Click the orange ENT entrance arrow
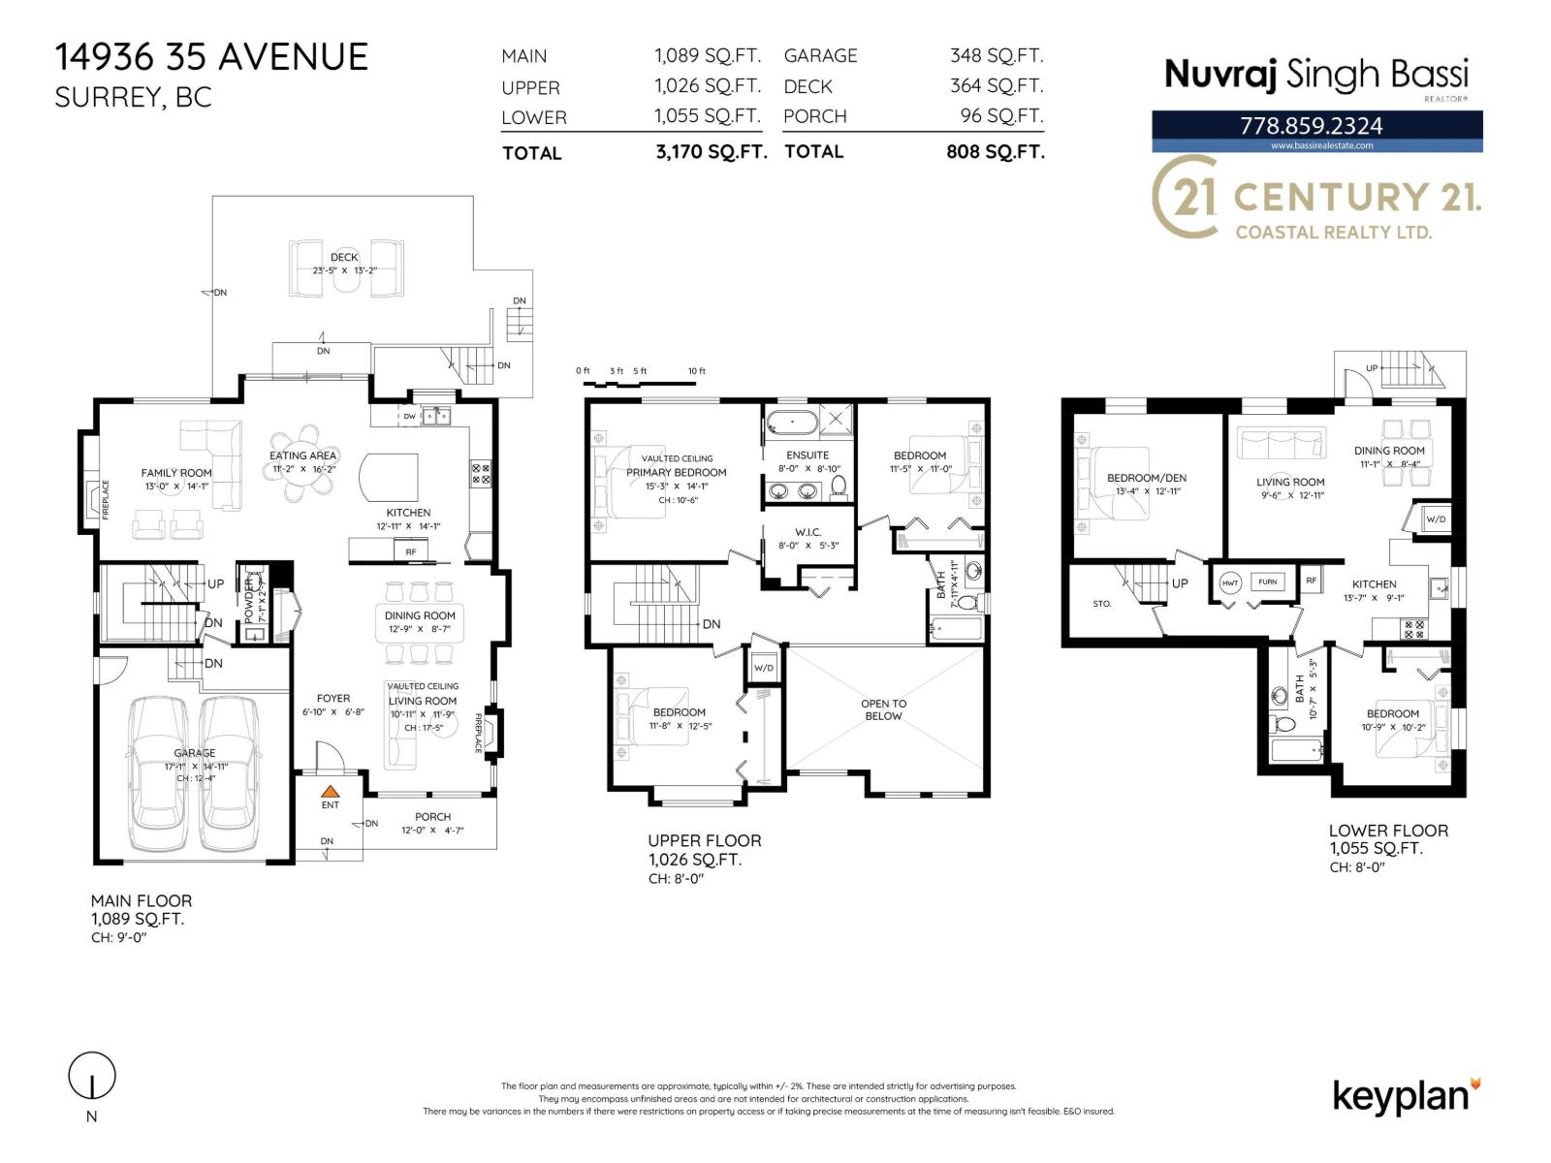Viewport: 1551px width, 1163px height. [x=331, y=791]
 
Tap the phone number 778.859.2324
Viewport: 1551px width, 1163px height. [x=1311, y=126]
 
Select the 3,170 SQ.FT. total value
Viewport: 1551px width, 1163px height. [x=711, y=152]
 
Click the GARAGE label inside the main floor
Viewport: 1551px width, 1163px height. [x=195, y=753]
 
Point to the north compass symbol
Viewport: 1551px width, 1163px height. [x=92, y=1076]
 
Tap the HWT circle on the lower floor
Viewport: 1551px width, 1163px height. [x=1230, y=583]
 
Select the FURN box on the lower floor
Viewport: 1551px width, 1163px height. [x=1268, y=582]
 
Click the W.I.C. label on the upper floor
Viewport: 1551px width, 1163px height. [x=807, y=532]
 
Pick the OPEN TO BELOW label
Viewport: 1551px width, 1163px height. [x=883, y=710]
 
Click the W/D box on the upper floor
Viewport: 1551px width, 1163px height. [x=764, y=668]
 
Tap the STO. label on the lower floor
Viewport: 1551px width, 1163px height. [x=1101, y=604]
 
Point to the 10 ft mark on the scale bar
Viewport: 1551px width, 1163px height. [x=696, y=372]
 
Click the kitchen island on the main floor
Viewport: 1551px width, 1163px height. [x=389, y=475]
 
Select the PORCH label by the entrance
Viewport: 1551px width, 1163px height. [x=432, y=817]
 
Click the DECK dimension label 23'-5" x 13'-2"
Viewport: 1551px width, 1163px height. [x=343, y=271]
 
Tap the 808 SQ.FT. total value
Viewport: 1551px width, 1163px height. [x=995, y=152]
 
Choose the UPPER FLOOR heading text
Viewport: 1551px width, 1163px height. [x=704, y=840]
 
